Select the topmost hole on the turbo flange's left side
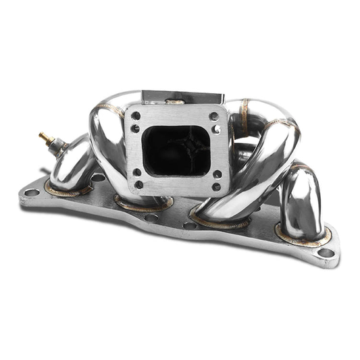pos(135,115)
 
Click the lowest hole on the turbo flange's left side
pos(138,184)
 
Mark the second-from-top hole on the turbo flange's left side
pos(135,128)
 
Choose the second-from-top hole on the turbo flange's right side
pos(215,128)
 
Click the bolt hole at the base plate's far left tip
pos(31,192)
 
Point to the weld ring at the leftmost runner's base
pos(68,191)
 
